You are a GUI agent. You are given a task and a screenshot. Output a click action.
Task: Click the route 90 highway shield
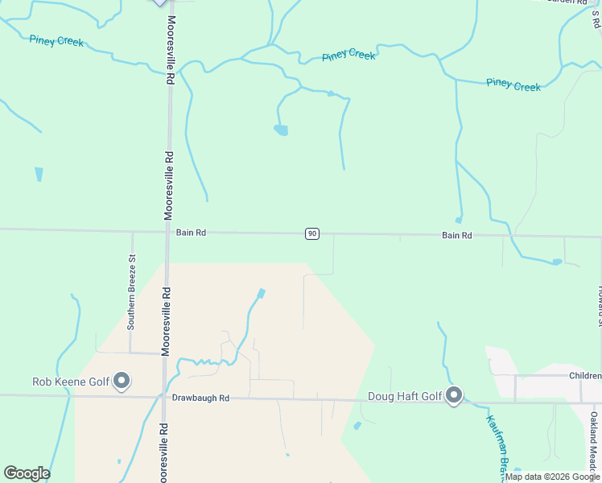coord(312,233)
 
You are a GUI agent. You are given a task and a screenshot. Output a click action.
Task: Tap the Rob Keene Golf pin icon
coord(122,380)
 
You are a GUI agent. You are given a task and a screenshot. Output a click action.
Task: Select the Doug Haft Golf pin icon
coord(455,395)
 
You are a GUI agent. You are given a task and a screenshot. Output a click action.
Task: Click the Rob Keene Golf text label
coord(70,382)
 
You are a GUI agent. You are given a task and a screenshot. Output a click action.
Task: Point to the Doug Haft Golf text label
coord(405,396)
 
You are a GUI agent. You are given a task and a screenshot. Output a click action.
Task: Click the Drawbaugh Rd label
coord(200,398)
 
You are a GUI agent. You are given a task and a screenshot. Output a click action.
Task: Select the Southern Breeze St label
coord(131,291)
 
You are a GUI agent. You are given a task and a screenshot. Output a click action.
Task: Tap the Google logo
coord(27,473)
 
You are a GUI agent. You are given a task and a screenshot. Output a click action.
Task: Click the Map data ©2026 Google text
coord(552,477)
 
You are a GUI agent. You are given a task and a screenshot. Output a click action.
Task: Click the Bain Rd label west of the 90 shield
coord(191,233)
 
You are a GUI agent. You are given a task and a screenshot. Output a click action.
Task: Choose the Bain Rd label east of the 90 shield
coord(456,235)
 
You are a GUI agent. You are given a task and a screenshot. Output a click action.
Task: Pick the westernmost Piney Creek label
coord(56,40)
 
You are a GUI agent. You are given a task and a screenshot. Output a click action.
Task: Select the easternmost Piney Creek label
coord(513,85)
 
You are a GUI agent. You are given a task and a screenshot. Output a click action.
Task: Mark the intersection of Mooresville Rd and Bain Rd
coord(167,232)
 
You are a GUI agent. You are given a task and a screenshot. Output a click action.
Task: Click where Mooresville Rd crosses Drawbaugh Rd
coord(165,397)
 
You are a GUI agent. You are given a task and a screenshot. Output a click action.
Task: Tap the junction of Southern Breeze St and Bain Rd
coord(132,232)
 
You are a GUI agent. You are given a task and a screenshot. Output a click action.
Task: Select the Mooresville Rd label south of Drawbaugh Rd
coord(163,451)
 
